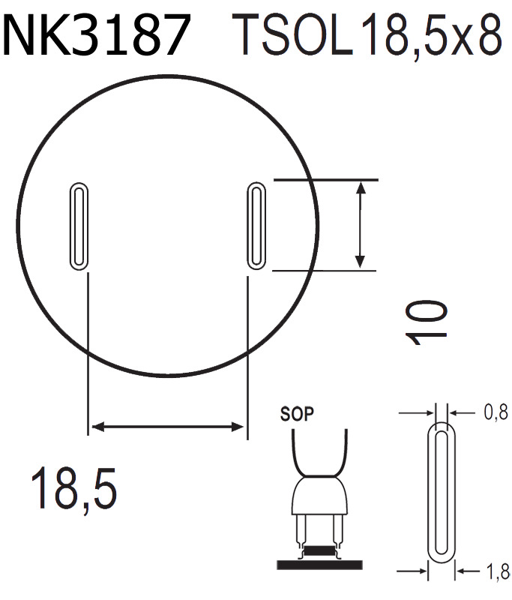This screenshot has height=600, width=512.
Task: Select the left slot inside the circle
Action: (x=78, y=225)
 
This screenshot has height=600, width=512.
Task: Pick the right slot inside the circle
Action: (x=255, y=225)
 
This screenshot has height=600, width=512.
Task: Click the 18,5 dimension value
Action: (x=73, y=487)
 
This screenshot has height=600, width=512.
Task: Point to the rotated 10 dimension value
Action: (x=428, y=321)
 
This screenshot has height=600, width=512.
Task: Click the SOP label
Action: (x=296, y=413)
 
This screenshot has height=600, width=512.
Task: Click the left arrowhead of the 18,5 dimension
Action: (x=95, y=427)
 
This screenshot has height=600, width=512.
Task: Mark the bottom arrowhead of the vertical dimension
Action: (x=361, y=262)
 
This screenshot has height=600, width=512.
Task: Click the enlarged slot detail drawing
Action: (x=442, y=495)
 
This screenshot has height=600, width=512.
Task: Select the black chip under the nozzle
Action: (x=320, y=551)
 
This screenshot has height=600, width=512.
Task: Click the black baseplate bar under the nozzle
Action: (x=320, y=563)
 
